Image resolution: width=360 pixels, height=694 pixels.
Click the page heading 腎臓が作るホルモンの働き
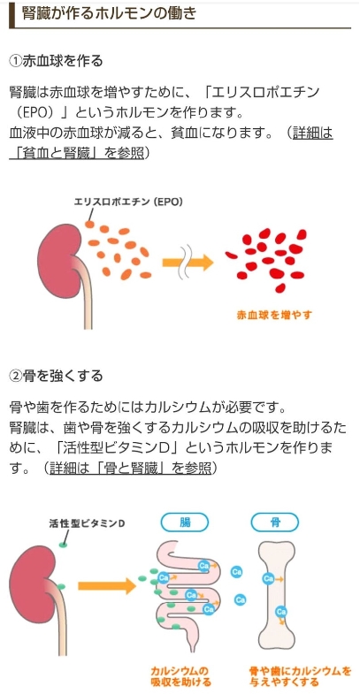pos(109,13)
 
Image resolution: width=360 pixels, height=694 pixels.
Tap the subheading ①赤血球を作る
pos(56,61)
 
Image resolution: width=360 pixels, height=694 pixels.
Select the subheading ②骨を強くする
pos(56,376)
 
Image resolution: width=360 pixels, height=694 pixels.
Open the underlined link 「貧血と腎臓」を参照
pos(77,153)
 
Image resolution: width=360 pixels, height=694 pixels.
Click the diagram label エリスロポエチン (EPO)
pos(128,202)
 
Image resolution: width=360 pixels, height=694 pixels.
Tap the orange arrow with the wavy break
pos(188,262)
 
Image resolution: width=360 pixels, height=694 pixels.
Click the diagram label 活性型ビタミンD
pos(87,523)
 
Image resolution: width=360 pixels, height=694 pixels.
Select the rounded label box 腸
pos(184,522)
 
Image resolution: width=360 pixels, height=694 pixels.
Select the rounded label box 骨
pos(274,522)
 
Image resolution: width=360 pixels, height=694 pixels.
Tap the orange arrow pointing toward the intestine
pos(107,585)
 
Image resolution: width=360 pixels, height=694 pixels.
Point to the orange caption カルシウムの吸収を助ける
pos(180,676)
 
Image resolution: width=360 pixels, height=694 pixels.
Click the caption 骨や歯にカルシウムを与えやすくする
pos(300,676)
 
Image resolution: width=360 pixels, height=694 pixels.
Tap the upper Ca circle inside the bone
pos(268,578)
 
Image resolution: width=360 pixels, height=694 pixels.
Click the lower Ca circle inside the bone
pos(280,612)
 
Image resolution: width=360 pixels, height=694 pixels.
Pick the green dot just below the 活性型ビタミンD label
pos(64,545)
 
